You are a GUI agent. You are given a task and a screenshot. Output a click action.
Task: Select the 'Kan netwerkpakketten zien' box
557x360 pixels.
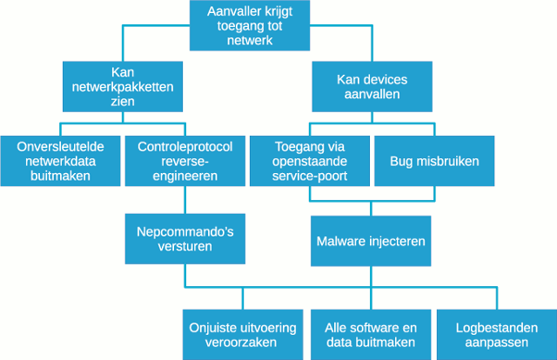[123, 86]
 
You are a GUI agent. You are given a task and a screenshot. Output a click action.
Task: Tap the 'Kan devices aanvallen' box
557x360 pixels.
[372, 86]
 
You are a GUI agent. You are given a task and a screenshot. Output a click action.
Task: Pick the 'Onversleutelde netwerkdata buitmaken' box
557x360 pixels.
[60, 161]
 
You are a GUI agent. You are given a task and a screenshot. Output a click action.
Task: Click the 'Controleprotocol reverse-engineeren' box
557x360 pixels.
[185, 161]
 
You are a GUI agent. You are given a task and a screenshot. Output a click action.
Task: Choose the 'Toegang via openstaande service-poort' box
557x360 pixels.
[310, 161]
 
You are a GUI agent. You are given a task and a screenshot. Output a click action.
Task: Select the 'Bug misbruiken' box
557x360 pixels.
[433, 161]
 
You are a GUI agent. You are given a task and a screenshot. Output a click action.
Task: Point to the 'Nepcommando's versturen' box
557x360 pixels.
[185, 240]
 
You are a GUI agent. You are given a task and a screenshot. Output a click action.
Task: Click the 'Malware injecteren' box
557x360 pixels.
[371, 240]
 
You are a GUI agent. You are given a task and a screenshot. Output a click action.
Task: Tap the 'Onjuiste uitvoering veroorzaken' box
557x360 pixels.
[243, 335]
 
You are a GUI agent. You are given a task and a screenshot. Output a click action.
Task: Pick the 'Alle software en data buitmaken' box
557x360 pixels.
[371, 335]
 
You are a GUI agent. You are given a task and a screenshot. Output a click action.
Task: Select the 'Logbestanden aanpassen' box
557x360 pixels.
[496, 335]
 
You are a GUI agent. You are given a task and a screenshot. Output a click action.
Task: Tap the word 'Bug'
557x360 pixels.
[402, 161]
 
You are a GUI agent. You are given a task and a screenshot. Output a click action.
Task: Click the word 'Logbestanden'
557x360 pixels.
[496, 328]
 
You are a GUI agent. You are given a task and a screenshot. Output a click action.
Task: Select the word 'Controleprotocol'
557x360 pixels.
[185, 147]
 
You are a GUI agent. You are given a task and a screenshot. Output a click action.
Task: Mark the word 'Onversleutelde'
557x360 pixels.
[60, 147]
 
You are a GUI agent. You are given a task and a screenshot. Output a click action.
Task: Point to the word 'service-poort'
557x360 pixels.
[310, 175]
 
